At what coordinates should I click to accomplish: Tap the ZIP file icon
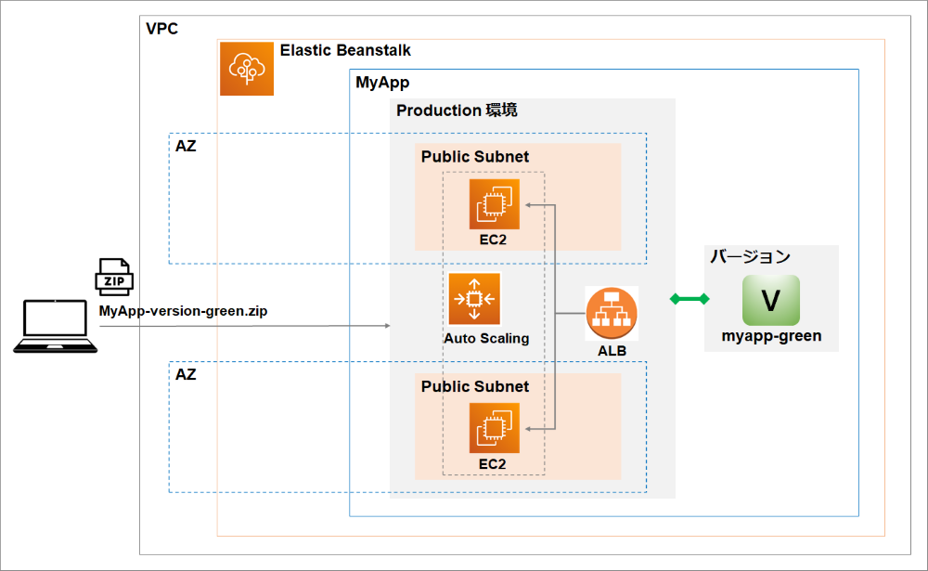tap(115, 278)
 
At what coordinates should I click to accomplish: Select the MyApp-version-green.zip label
tap(183, 311)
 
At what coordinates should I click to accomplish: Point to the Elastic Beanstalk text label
tap(345, 50)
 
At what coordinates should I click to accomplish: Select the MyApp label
tap(382, 83)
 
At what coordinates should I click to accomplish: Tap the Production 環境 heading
tap(457, 110)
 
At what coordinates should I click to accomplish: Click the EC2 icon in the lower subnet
tap(494, 427)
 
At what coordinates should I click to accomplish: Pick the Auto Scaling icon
tap(474, 299)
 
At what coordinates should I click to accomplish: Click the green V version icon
tap(770, 300)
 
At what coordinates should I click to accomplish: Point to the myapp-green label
tap(771, 336)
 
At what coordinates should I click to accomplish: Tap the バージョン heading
tap(751, 256)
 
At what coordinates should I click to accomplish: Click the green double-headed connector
tap(690, 299)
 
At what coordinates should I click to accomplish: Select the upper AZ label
tap(186, 147)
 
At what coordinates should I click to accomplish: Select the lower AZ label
tap(186, 375)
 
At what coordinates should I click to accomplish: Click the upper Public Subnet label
tap(475, 157)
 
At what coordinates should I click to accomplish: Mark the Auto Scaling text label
tap(486, 338)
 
